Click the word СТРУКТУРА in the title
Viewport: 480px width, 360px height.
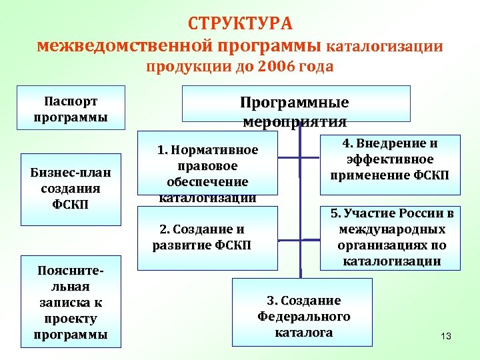click(240, 23)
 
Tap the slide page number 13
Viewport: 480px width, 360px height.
click(446, 337)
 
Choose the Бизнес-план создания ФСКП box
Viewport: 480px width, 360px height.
click(71, 188)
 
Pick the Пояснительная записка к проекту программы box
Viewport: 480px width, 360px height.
click(71, 302)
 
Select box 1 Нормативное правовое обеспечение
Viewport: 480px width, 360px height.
click(207, 172)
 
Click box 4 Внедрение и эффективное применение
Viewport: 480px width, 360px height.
click(389, 160)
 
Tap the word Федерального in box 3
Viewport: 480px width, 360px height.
click(303, 316)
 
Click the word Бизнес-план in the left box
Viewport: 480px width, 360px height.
click(71, 173)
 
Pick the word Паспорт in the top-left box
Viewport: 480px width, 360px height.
click(71, 101)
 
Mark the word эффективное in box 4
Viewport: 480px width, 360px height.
click(390, 160)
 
